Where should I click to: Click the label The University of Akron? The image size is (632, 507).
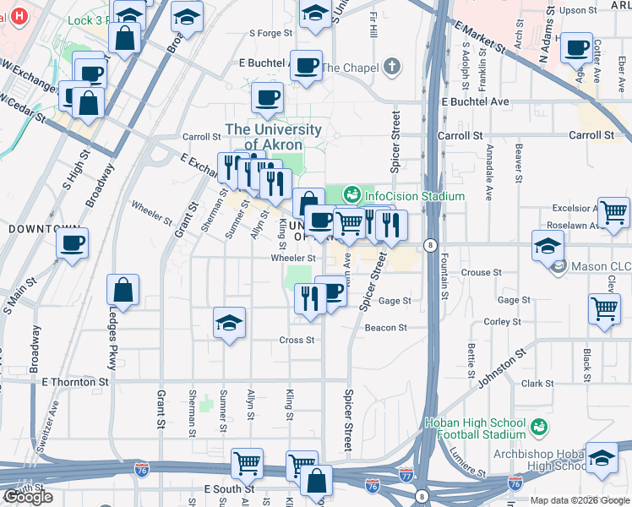click(273, 137)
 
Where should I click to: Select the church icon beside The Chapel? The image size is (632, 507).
click(390, 67)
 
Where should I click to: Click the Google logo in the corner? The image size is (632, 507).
click(28, 497)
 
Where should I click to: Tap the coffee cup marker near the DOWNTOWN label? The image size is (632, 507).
click(72, 243)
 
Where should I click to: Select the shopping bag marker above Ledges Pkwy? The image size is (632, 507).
click(123, 289)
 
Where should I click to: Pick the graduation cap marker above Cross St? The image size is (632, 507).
click(229, 323)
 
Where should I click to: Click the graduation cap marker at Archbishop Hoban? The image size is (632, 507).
click(602, 457)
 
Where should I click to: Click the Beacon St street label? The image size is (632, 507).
click(385, 328)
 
